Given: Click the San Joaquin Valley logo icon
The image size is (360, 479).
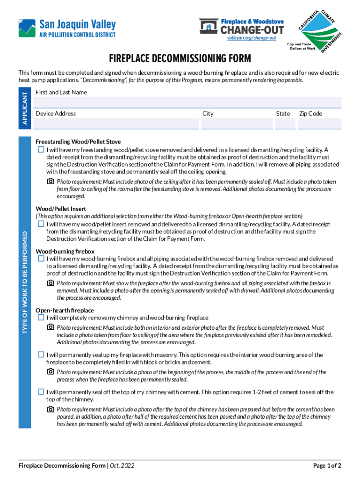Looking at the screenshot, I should click(x=27, y=28).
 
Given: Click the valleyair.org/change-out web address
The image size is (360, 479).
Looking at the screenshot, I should click(x=248, y=38).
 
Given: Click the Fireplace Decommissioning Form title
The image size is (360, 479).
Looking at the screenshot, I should click(x=180, y=59).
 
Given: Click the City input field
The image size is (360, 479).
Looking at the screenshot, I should click(x=236, y=123).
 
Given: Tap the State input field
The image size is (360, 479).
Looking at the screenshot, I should click(x=285, y=123).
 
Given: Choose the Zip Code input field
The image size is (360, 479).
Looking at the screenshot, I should click(x=320, y=123).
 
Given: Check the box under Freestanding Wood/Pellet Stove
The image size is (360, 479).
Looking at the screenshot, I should click(x=41, y=150).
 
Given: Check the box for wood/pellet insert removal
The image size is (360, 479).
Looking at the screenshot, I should click(x=41, y=224).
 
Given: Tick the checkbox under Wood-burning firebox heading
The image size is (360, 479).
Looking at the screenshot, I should click(x=41, y=259).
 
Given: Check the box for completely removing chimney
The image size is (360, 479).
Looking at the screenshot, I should click(x=41, y=318).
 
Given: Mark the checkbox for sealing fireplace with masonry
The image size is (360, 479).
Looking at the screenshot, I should click(x=41, y=355).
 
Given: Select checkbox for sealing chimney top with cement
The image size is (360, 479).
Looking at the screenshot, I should click(x=41, y=392).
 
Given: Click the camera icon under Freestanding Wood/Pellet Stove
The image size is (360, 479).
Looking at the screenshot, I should click(x=50, y=181).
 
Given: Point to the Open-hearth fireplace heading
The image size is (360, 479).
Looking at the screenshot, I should click(x=65, y=310).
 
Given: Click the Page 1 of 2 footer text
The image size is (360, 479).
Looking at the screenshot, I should click(x=327, y=465).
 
